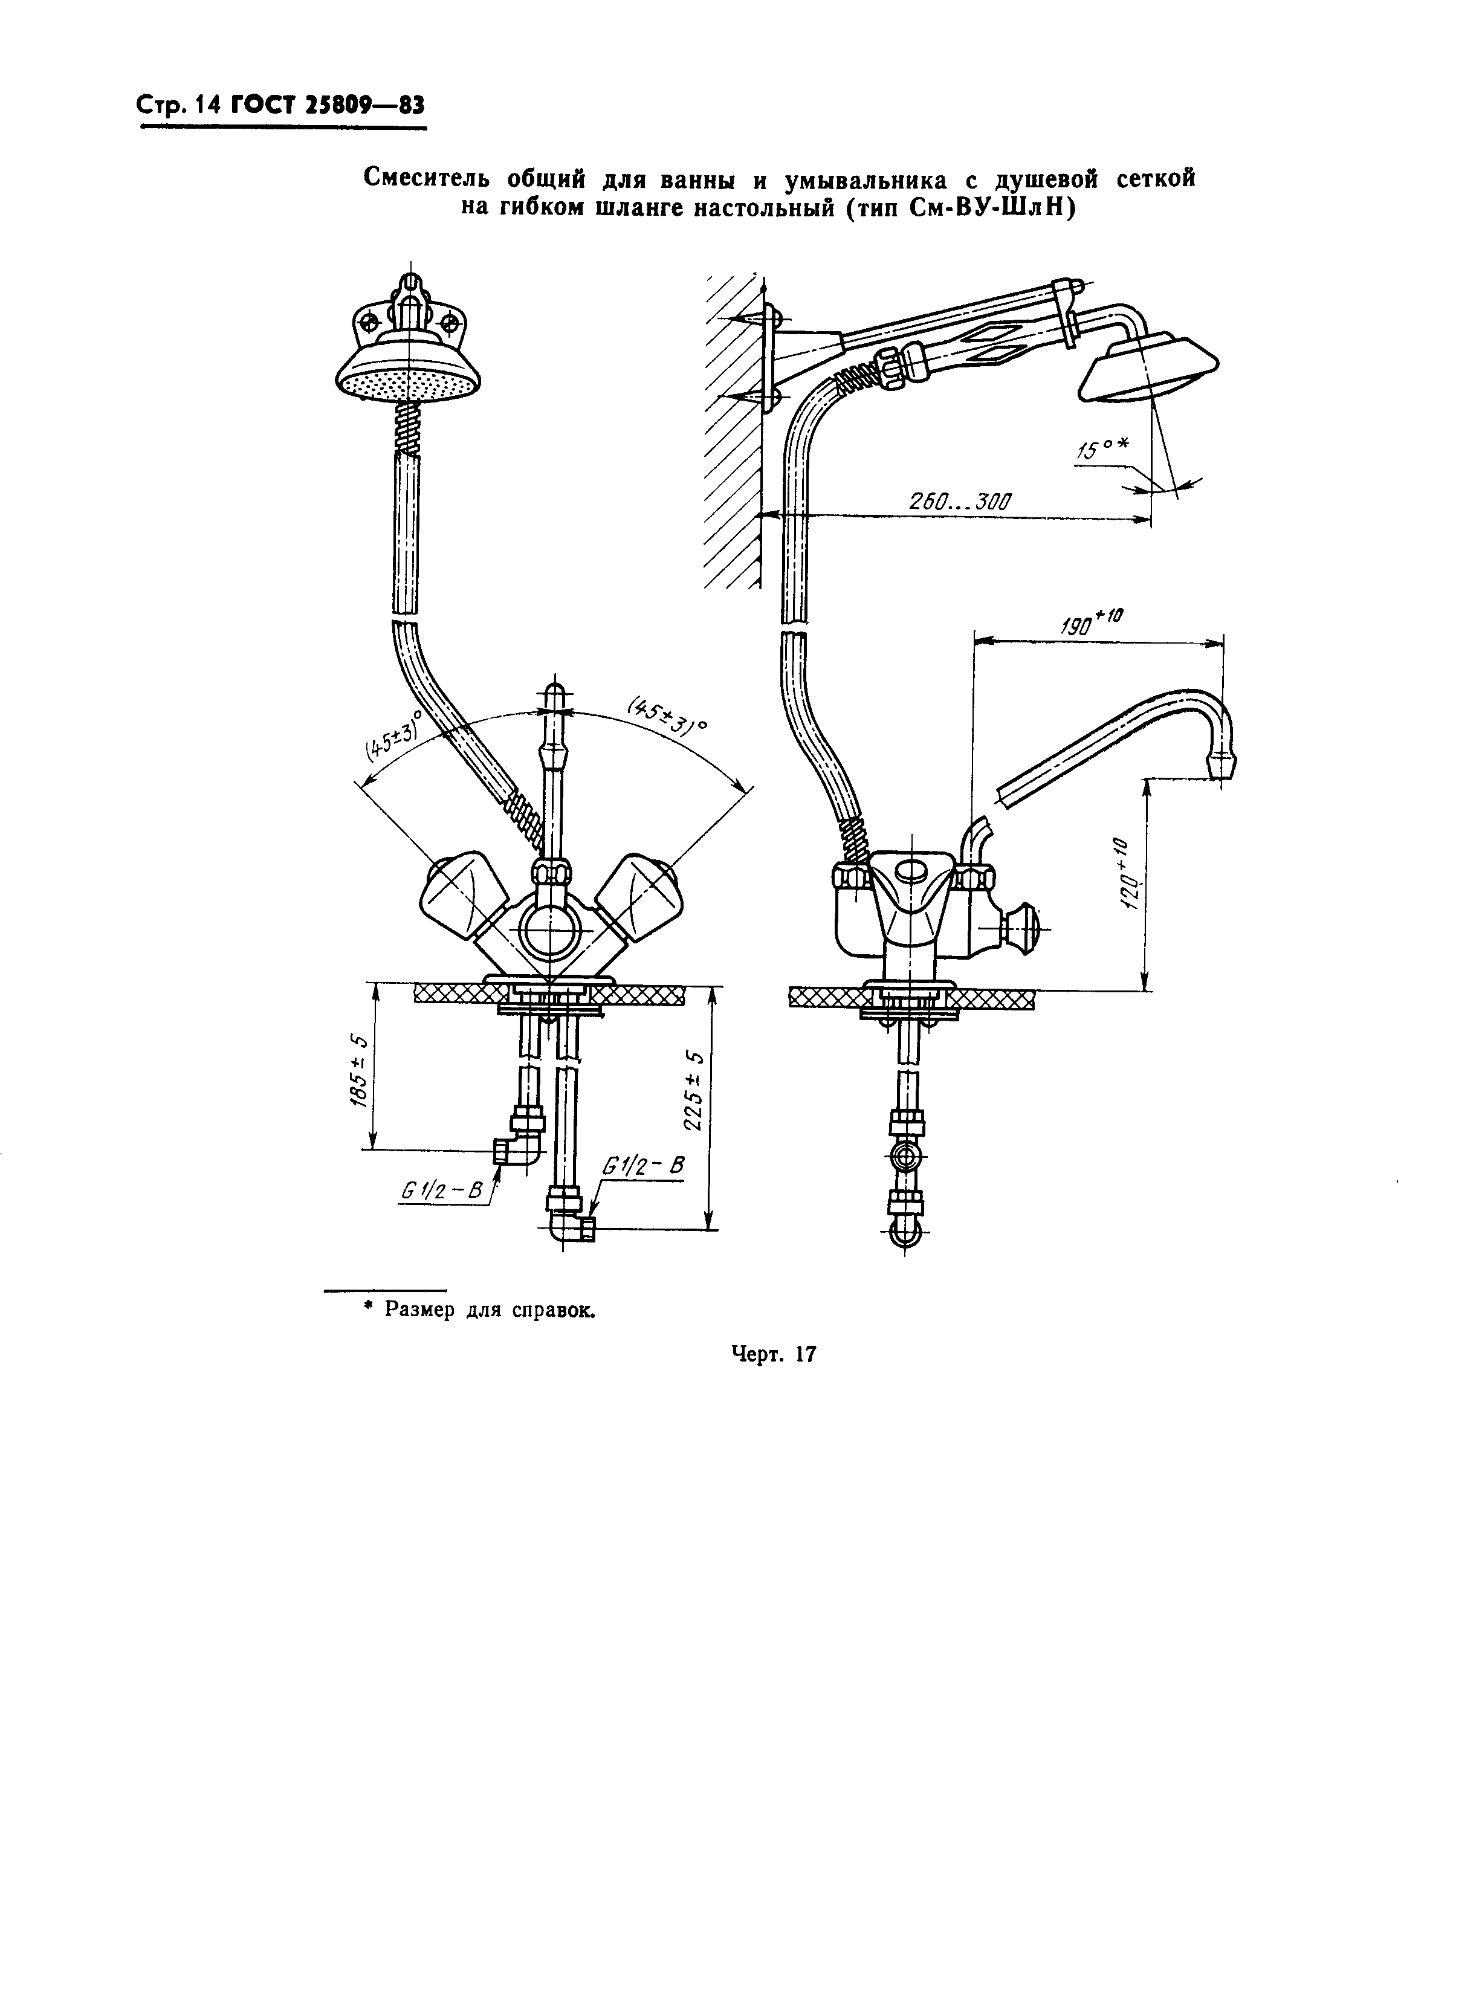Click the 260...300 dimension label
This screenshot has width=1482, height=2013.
(x=960, y=502)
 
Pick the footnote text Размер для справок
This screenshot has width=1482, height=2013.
(x=490, y=1310)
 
